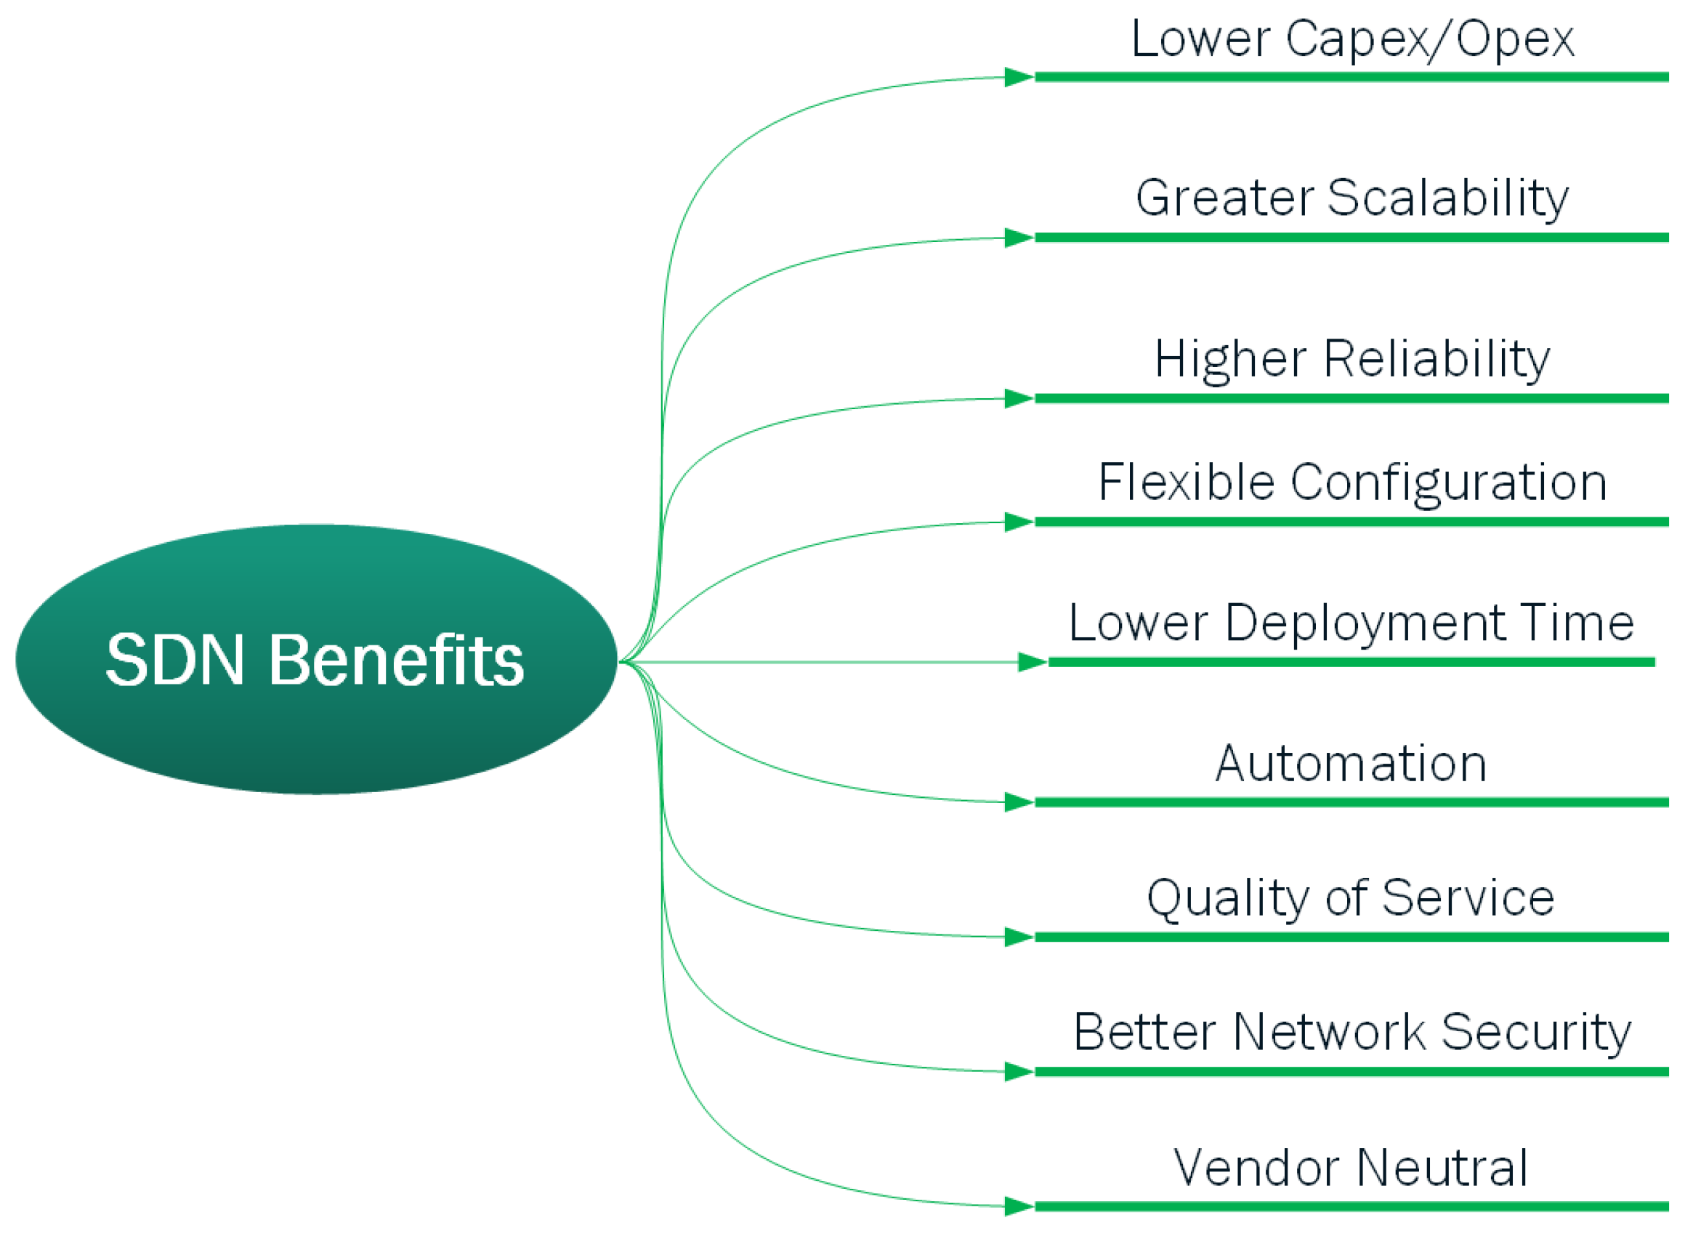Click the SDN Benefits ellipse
315,659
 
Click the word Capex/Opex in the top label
1429,39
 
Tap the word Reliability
1436,359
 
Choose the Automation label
1351,764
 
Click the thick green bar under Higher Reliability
1350,398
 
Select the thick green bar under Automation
1350,802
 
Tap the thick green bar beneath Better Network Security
1350,1072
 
